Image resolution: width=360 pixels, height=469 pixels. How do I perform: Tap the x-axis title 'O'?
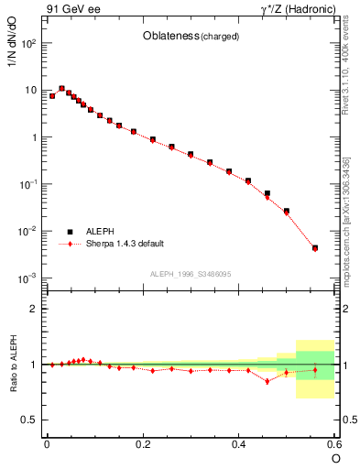[335, 457]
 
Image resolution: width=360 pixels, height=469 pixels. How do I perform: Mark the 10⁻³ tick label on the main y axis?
[29, 278]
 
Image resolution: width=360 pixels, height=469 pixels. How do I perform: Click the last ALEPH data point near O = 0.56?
[315, 247]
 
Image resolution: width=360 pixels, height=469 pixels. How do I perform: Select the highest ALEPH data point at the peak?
[61, 89]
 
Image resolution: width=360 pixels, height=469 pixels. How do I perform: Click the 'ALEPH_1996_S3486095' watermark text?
[191, 274]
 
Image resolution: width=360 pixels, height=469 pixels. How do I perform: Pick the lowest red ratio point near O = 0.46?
[267, 380]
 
